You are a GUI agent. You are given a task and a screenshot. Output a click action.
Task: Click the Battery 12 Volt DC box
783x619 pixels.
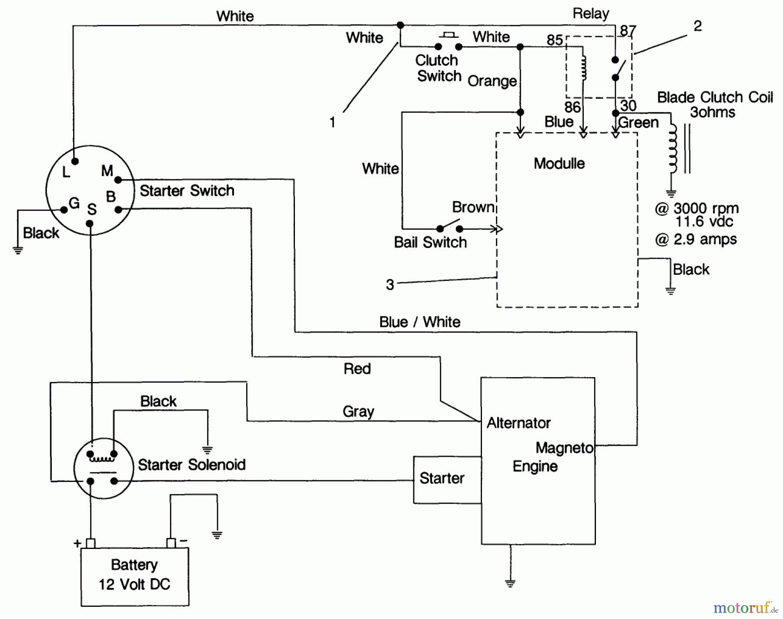click(x=134, y=575)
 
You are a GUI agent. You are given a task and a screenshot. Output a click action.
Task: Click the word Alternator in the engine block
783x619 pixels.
click(x=519, y=423)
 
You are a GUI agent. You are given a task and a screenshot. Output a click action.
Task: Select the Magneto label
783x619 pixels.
click(x=564, y=448)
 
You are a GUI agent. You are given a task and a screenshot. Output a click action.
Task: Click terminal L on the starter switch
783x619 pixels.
click(x=75, y=161)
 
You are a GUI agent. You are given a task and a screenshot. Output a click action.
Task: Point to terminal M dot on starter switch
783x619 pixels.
click(x=118, y=180)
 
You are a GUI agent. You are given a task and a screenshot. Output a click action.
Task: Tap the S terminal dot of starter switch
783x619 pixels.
click(x=90, y=224)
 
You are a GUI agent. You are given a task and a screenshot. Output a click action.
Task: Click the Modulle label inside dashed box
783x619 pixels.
click(x=559, y=164)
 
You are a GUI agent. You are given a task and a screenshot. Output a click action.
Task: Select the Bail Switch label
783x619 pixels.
click(x=430, y=242)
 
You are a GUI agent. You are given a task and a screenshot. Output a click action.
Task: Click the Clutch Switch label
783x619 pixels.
click(x=437, y=68)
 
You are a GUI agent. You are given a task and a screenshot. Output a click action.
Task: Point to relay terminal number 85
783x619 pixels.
click(x=555, y=40)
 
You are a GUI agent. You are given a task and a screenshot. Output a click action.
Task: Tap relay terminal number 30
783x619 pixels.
click(x=628, y=105)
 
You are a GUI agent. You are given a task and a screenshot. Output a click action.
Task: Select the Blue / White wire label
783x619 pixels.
click(x=419, y=322)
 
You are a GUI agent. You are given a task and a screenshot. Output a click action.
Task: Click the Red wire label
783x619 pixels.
click(x=357, y=369)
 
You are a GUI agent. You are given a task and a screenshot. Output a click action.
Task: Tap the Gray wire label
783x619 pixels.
click(x=358, y=411)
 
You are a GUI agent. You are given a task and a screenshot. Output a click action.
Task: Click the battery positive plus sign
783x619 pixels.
click(x=77, y=543)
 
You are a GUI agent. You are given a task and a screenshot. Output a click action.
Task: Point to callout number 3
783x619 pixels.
click(x=390, y=285)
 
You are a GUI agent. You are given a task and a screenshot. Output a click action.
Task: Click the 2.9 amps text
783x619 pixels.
click(x=704, y=239)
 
